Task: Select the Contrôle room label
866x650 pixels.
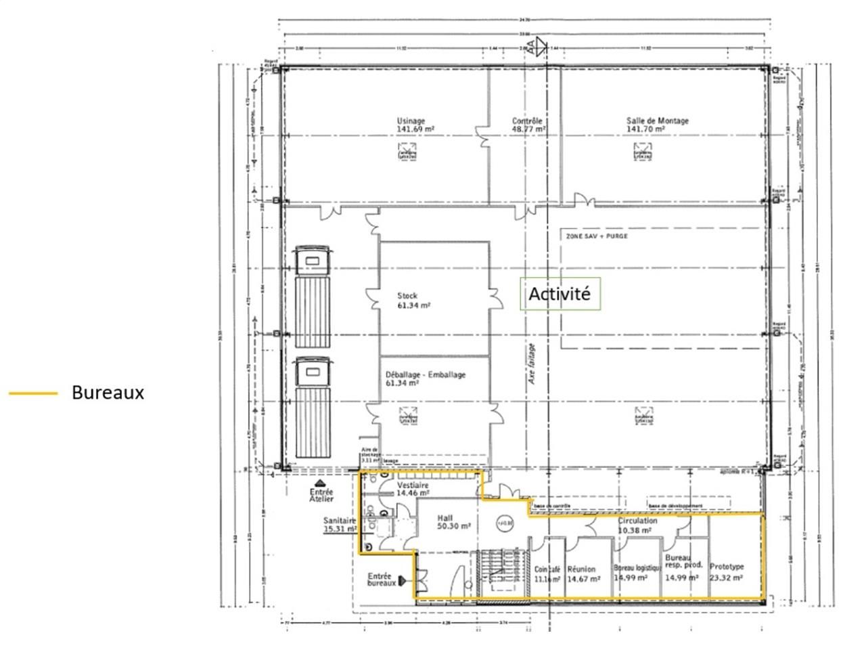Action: [528, 125]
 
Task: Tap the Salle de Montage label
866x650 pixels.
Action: [657, 125]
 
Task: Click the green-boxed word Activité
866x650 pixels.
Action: [559, 295]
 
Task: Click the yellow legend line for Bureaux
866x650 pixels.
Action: [32, 393]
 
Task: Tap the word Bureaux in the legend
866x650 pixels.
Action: [108, 393]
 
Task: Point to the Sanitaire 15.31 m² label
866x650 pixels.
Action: [340, 525]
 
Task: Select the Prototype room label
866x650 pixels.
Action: [727, 572]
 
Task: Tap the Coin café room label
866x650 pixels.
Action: [547, 574]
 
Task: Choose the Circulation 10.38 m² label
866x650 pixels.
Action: [637, 526]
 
